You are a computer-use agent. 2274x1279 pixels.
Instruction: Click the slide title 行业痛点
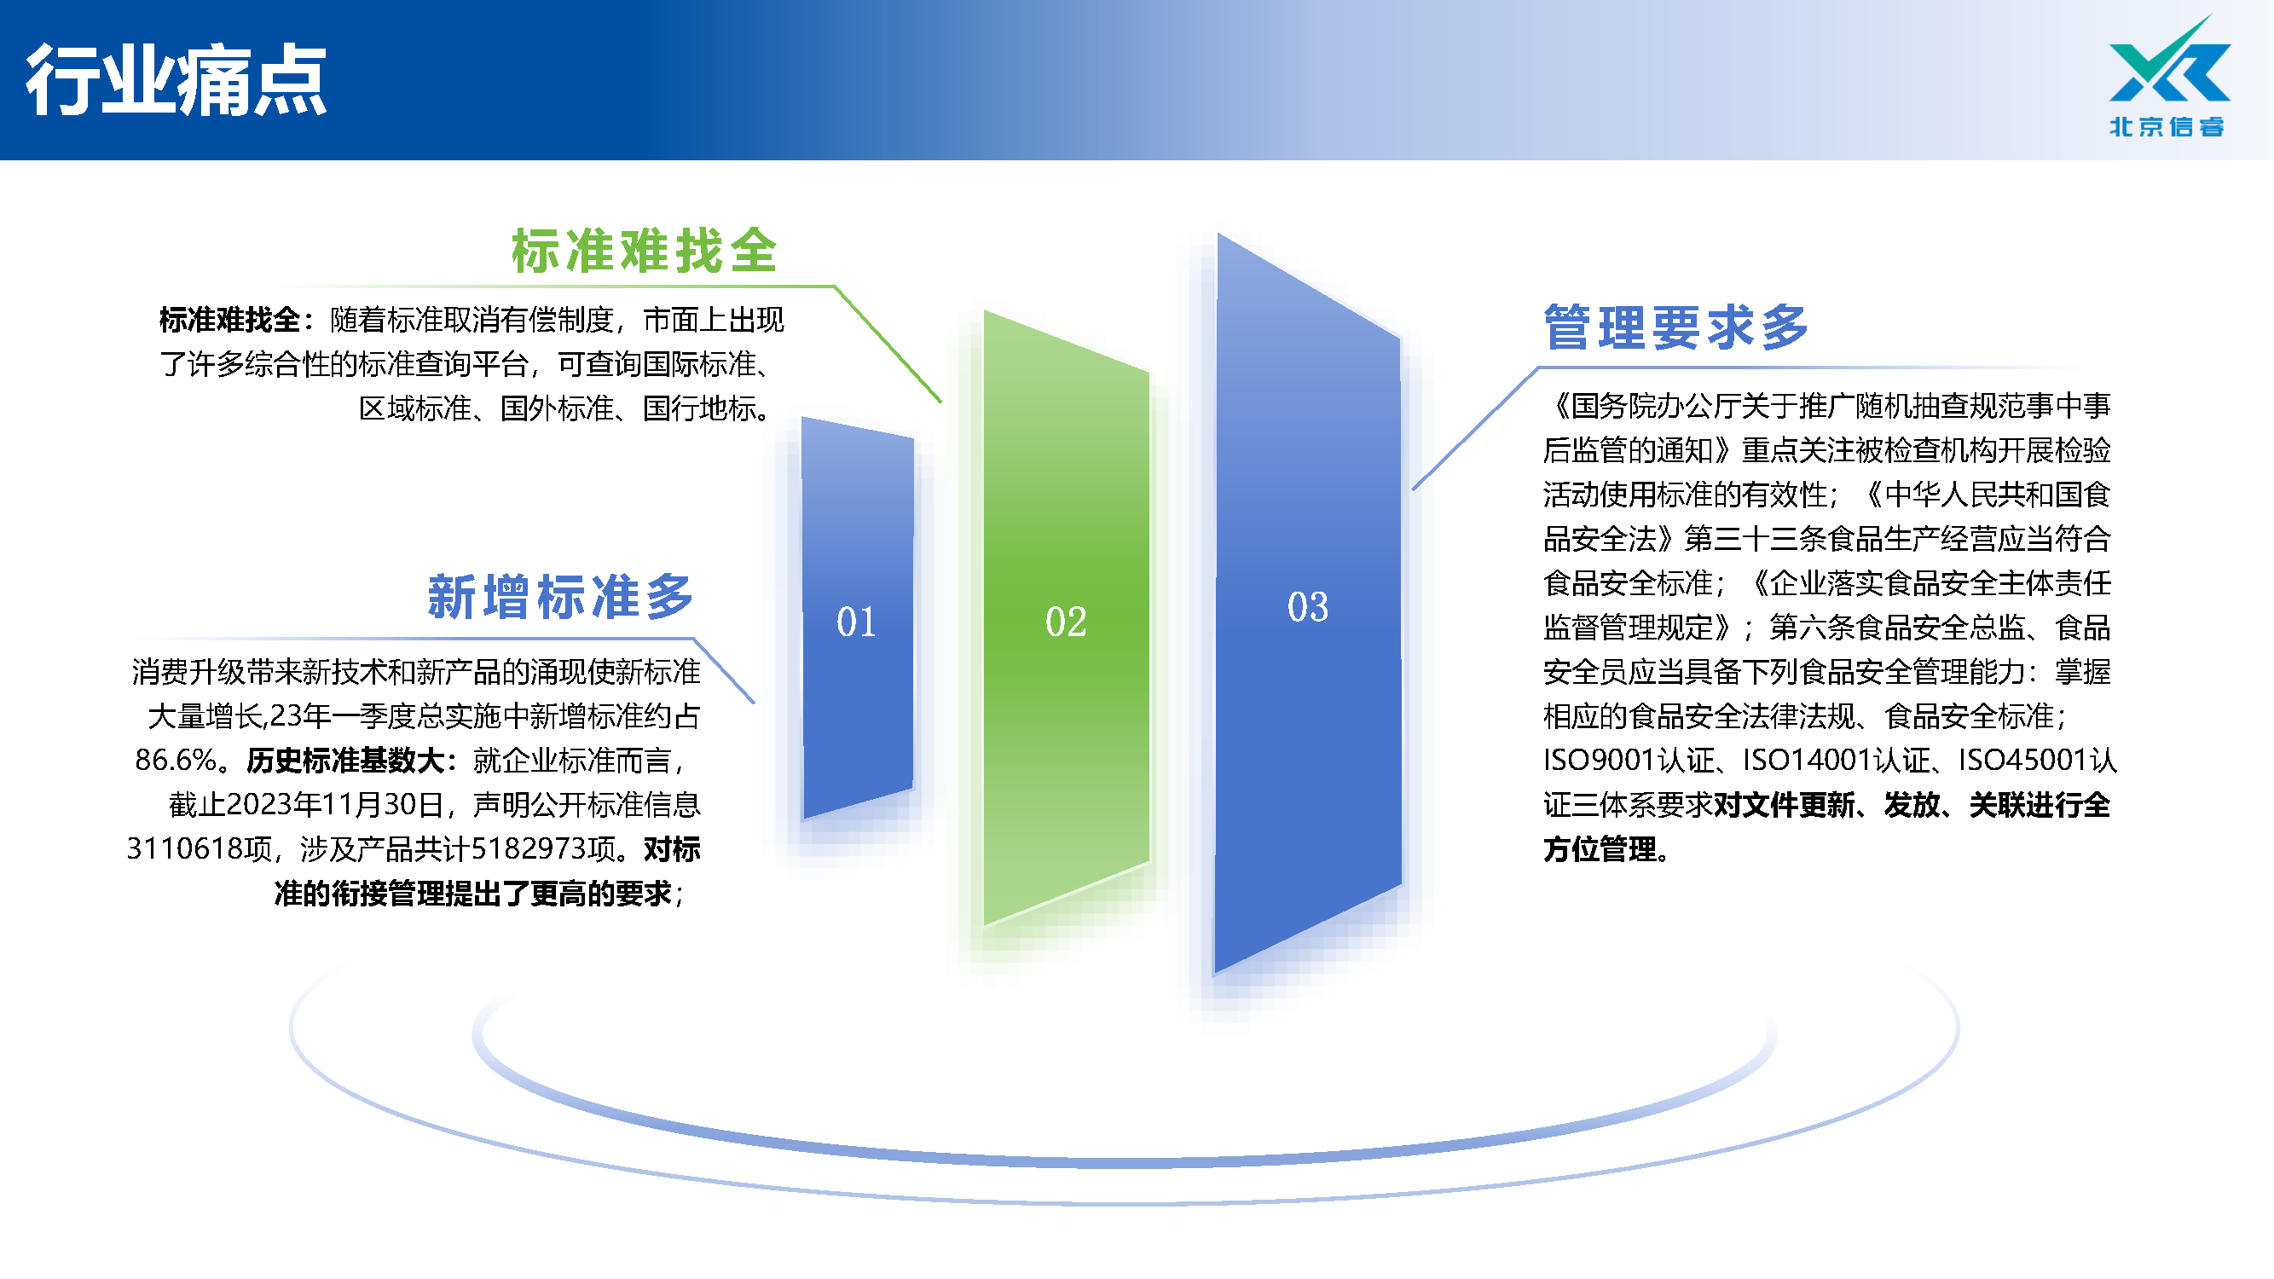click(x=176, y=80)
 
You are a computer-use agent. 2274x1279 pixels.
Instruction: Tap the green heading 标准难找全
click(x=645, y=251)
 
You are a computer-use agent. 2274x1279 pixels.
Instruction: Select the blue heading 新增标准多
click(x=560, y=596)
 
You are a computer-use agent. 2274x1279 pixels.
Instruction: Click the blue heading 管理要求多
click(x=1676, y=327)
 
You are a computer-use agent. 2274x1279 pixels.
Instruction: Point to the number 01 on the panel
click(x=856, y=622)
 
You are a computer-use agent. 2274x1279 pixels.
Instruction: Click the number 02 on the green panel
click(x=1066, y=622)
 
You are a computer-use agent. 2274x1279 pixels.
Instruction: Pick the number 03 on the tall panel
click(x=1307, y=606)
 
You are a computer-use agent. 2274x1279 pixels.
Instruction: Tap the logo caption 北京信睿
click(x=2167, y=126)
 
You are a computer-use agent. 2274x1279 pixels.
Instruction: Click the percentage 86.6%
click(x=176, y=760)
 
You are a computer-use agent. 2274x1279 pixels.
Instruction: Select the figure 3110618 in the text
click(x=184, y=848)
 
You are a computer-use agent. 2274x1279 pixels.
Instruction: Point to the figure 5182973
click(x=528, y=848)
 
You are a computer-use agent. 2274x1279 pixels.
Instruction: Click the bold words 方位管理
click(x=1600, y=849)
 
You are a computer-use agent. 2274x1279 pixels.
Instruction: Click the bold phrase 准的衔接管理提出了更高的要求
click(x=473, y=894)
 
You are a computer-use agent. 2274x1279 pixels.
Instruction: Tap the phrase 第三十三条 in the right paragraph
click(x=1755, y=538)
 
